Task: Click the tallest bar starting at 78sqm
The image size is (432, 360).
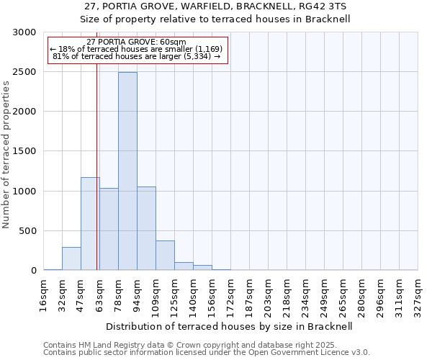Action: pyautogui.click(x=127, y=171)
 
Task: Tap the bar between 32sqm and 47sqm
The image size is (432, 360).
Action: pyautogui.click(x=71, y=258)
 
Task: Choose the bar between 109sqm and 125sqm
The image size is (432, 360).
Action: pyautogui.click(x=165, y=256)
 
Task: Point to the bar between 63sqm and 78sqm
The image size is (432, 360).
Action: pyautogui.click(x=109, y=229)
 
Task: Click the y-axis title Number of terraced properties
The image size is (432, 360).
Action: pyautogui.click(x=6, y=155)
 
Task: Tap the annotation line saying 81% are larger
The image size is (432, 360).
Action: pyautogui.click(x=137, y=56)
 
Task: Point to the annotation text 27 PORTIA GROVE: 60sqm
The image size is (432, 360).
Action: pyautogui.click(x=136, y=42)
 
